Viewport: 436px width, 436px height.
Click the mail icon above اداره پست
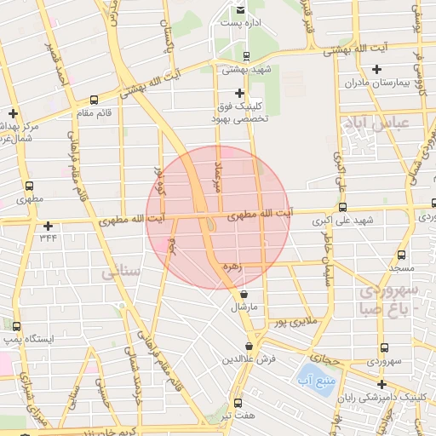click(241, 9)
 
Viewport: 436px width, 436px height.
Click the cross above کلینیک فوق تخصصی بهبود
click(239, 93)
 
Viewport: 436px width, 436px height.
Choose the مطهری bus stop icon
click(30, 186)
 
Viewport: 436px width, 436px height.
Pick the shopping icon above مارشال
click(244, 294)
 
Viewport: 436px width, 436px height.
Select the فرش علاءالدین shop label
click(249, 359)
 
